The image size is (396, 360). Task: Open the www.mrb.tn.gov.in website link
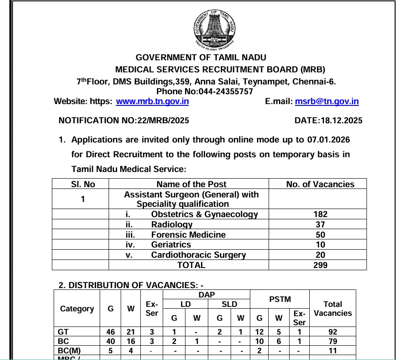pyautogui.click(x=152, y=101)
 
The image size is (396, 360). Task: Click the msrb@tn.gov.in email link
pyautogui.click(x=327, y=101)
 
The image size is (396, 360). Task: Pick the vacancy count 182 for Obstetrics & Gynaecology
pyautogui.click(x=320, y=214)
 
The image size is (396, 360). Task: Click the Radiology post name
pyautogui.click(x=172, y=225)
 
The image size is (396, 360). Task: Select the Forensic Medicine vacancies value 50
pyautogui.click(x=320, y=234)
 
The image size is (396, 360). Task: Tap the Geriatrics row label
pyautogui.click(x=171, y=245)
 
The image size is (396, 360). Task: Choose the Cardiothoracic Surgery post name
pyautogui.click(x=198, y=255)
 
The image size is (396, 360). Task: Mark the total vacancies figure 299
pyautogui.click(x=320, y=265)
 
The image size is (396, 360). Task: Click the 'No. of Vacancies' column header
pyautogui.click(x=320, y=184)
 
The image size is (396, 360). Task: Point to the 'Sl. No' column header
pyautogui.click(x=83, y=184)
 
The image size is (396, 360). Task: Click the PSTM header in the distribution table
pyautogui.click(x=280, y=299)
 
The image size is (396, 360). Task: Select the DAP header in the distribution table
pyautogui.click(x=206, y=294)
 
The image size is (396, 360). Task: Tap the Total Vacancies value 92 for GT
pyautogui.click(x=332, y=332)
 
